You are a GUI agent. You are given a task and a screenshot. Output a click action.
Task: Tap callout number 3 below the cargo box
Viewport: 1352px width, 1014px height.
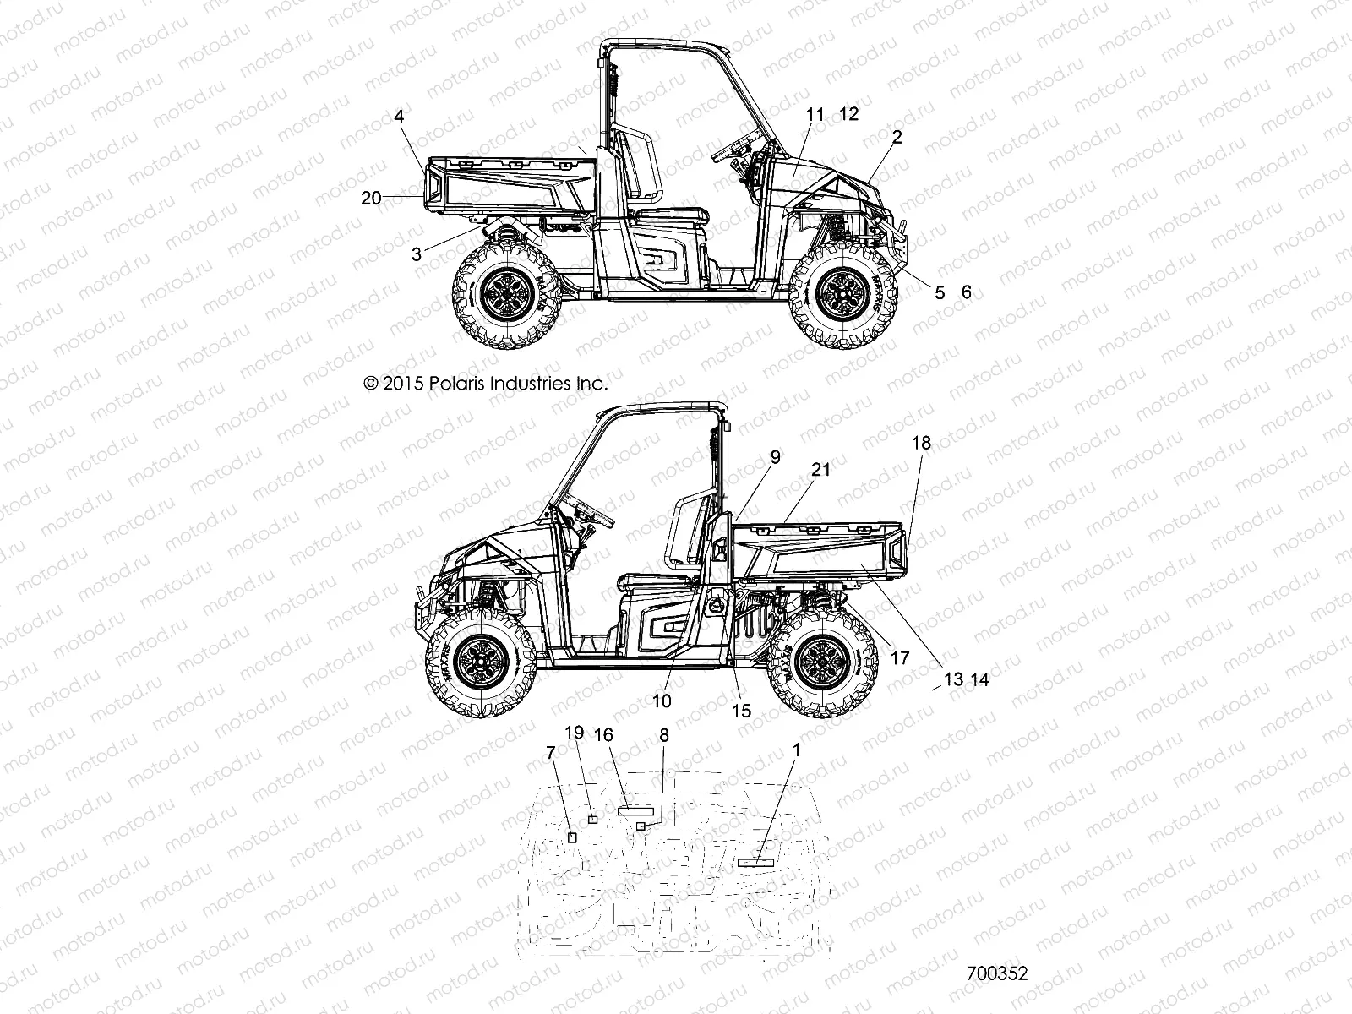(x=417, y=253)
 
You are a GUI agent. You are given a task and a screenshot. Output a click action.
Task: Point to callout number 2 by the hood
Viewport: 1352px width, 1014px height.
(x=897, y=136)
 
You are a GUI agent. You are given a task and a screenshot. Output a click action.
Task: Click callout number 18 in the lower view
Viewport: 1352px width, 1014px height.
(x=921, y=443)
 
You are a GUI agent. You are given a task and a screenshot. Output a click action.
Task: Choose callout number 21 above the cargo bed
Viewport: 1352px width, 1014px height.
(x=821, y=470)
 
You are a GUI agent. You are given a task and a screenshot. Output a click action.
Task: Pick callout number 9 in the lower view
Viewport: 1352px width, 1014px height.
(x=775, y=456)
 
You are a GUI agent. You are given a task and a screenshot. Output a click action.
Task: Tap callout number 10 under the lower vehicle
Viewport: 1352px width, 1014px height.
(x=662, y=701)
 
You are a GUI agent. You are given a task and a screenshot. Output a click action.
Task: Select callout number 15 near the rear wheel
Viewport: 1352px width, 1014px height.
(x=741, y=711)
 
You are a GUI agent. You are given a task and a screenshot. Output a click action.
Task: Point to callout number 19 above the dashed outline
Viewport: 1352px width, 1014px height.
(x=574, y=733)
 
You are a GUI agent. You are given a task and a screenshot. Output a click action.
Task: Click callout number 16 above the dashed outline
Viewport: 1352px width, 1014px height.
(x=603, y=735)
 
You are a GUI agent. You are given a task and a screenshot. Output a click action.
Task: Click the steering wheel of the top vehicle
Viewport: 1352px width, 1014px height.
(x=737, y=147)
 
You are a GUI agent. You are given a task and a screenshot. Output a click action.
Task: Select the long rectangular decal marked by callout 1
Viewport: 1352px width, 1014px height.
(x=755, y=862)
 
